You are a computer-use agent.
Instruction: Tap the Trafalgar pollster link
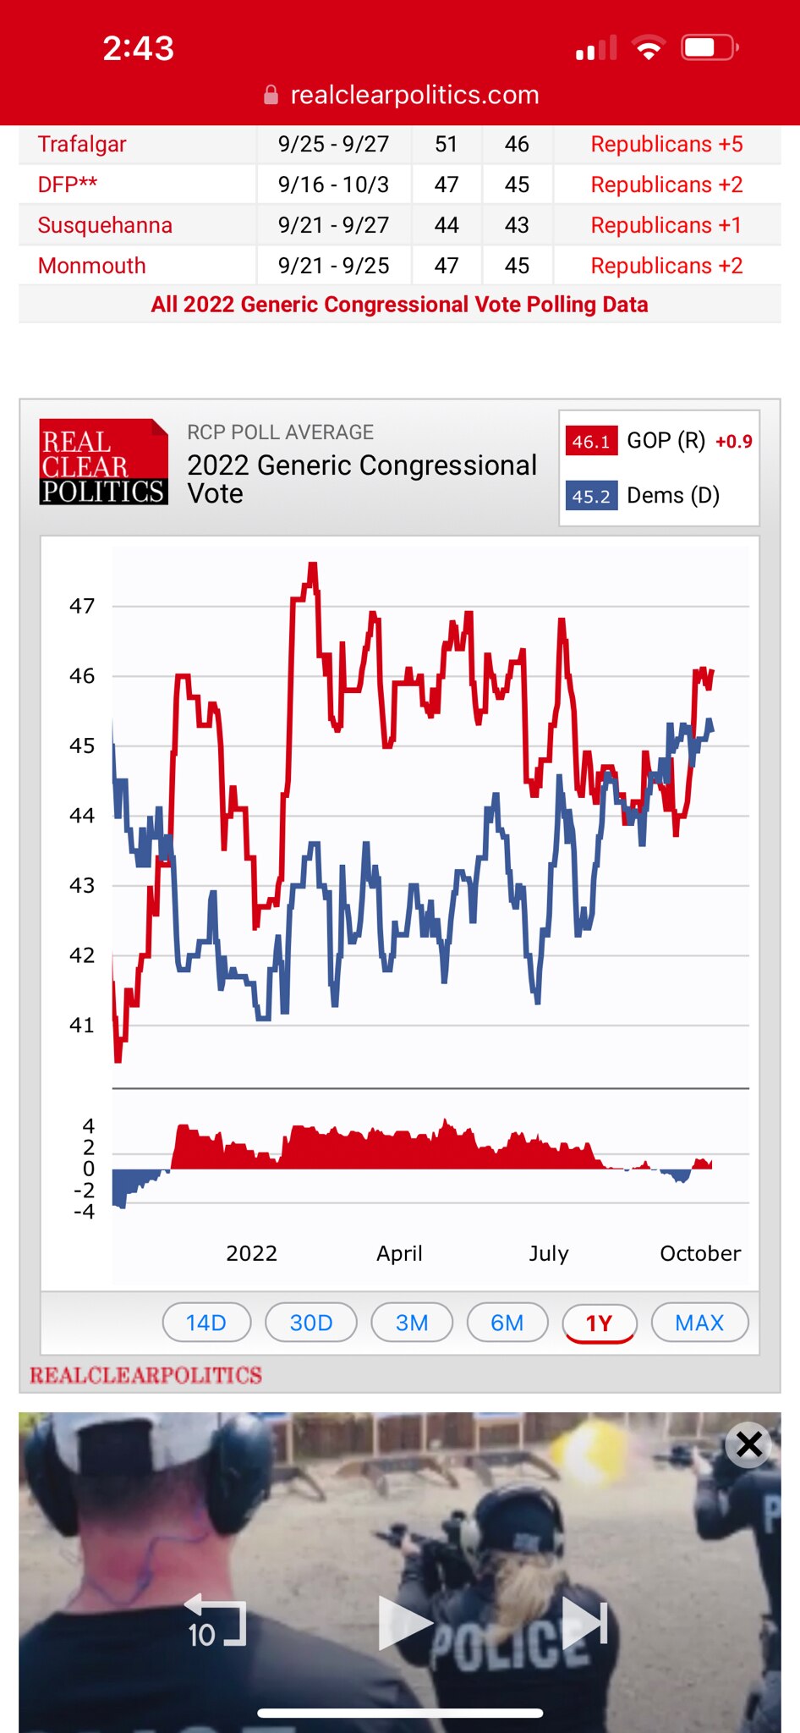coord(82,145)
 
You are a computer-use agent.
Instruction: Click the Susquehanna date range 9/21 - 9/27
coord(333,225)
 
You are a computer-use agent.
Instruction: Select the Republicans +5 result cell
coord(666,145)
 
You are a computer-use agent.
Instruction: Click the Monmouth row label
coord(91,266)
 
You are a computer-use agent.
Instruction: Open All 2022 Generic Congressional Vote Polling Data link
coord(399,305)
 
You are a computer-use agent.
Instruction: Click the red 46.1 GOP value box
coord(590,442)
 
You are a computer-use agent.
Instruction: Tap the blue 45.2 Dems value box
coord(590,496)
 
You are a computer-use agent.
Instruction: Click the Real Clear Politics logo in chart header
coord(103,462)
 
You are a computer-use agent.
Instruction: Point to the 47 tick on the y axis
coord(82,606)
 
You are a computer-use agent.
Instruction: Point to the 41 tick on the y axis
coord(82,1025)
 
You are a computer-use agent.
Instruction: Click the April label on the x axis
coord(399,1253)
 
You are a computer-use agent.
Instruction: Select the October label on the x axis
coord(699,1253)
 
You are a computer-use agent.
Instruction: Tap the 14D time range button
coord(206,1323)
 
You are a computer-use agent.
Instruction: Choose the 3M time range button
coord(412,1323)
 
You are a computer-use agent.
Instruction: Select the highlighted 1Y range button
coord(599,1323)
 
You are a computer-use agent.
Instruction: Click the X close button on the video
coord(748,1444)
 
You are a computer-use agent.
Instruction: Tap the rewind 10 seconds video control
coord(215,1622)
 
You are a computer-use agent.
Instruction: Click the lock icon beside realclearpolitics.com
coord(271,95)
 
